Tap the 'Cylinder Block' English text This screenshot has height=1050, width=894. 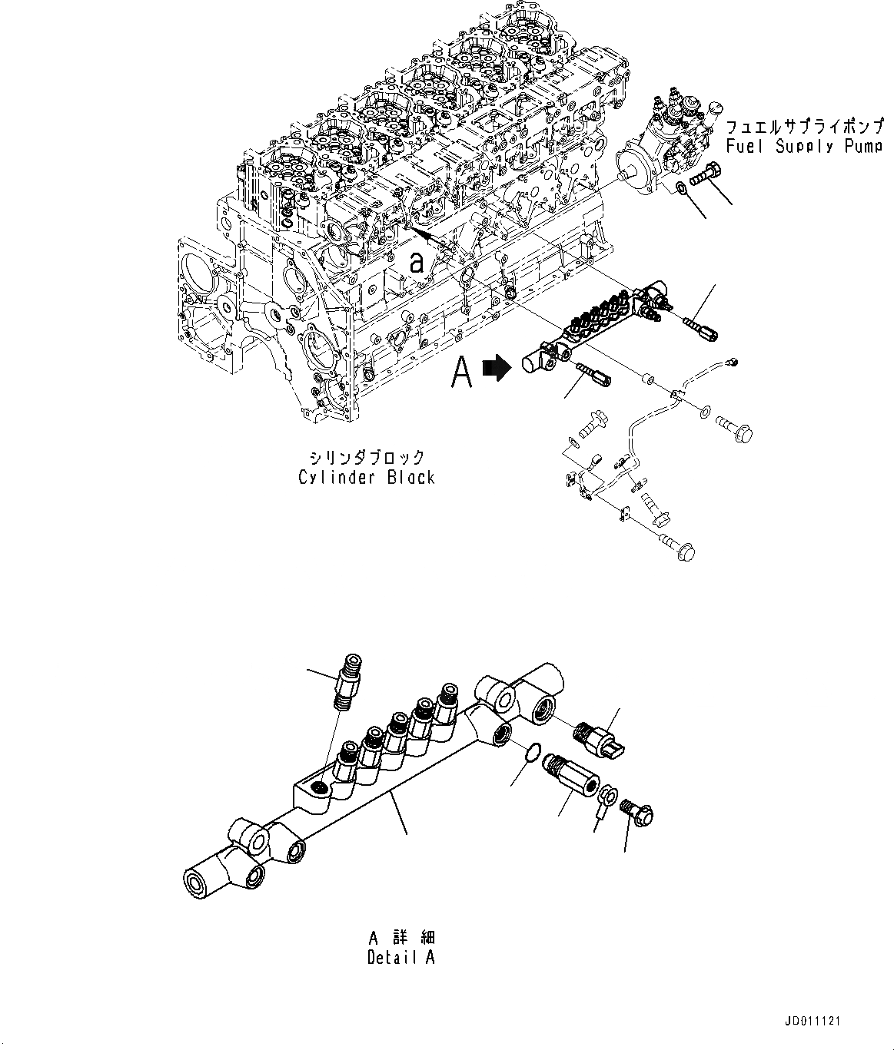pos(367,477)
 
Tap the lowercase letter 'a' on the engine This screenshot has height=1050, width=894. pos(417,263)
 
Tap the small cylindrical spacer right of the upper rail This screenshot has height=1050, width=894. pos(647,379)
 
